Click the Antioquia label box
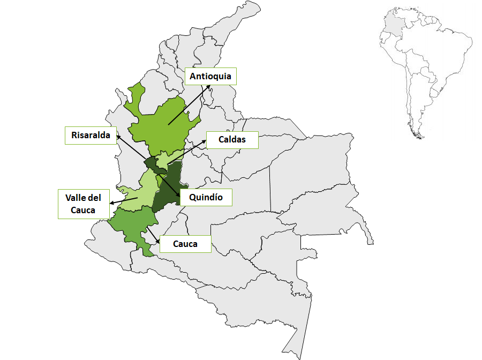(210, 76)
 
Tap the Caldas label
(232, 140)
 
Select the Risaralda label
(91, 136)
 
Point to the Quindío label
(206, 197)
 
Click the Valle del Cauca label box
(83, 204)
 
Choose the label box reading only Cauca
(185, 244)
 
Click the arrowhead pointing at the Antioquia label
(209, 86)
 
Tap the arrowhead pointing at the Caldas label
(205, 141)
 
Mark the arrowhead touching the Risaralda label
(118, 136)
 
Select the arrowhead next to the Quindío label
(178, 193)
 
